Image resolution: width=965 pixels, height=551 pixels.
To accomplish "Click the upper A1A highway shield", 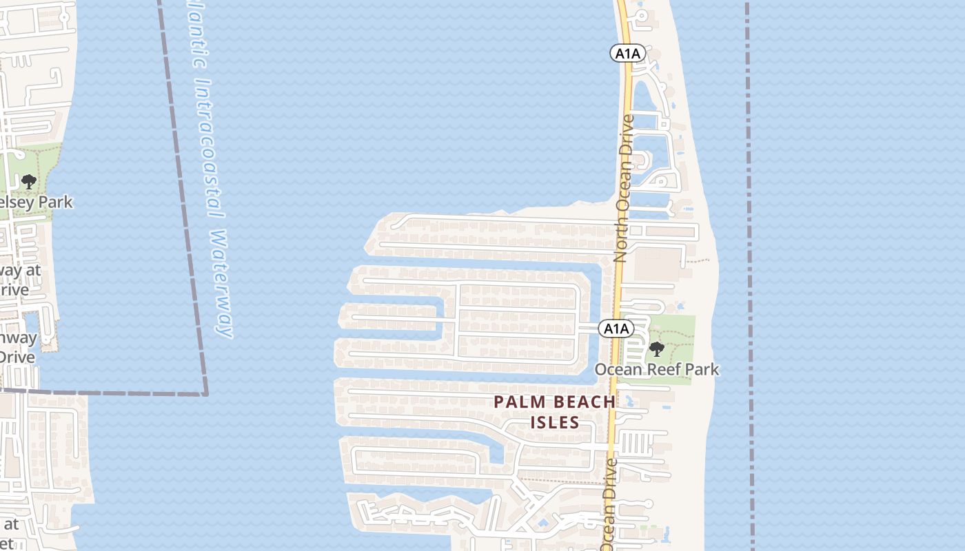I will tap(627, 53).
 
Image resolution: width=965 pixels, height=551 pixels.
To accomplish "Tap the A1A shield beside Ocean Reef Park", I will tap(616, 329).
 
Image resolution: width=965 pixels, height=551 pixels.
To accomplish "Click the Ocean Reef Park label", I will tap(656, 369).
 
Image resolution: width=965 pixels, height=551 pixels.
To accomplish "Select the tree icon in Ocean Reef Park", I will tap(657, 349).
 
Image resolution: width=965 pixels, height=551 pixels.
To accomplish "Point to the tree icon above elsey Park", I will tap(28, 182).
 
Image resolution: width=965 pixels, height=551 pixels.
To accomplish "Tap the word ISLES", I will tap(555, 422).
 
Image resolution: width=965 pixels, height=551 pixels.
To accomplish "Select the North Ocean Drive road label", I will tap(624, 188).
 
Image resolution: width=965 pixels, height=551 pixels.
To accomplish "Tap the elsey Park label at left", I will tap(36, 202).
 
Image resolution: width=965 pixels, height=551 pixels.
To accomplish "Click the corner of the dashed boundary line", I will tap(205, 394).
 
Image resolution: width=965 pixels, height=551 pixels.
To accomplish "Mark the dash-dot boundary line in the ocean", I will tap(749, 275).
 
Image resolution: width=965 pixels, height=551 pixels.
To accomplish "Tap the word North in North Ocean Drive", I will tap(620, 242).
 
